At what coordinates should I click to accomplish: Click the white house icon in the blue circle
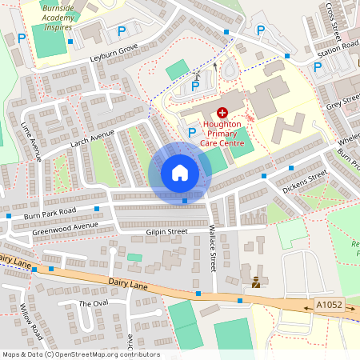tap(180, 173)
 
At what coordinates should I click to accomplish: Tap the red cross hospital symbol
tap(222, 114)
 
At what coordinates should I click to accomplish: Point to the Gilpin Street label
tap(166, 231)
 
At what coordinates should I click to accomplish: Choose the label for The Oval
tap(93, 304)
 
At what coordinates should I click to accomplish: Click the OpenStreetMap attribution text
tap(80, 354)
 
